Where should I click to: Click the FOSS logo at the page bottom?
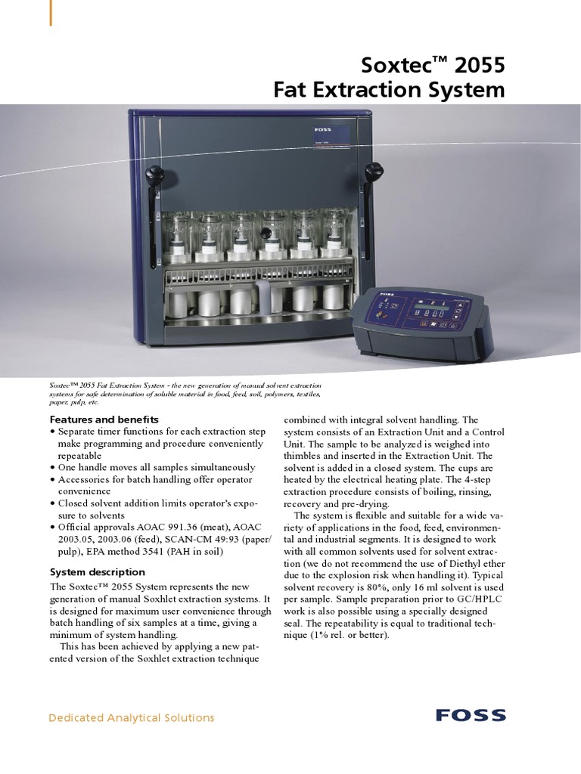pyautogui.click(x=471, y=715)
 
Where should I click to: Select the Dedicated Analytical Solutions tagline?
pyautogui.click(x=132, y=717)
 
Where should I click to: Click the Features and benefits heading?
pyautogui.click(x=104, y=419)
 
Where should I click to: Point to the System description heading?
pyautogui.click(x=98, y=571)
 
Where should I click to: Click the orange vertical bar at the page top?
pyautogui.click(x=51, y=13)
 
